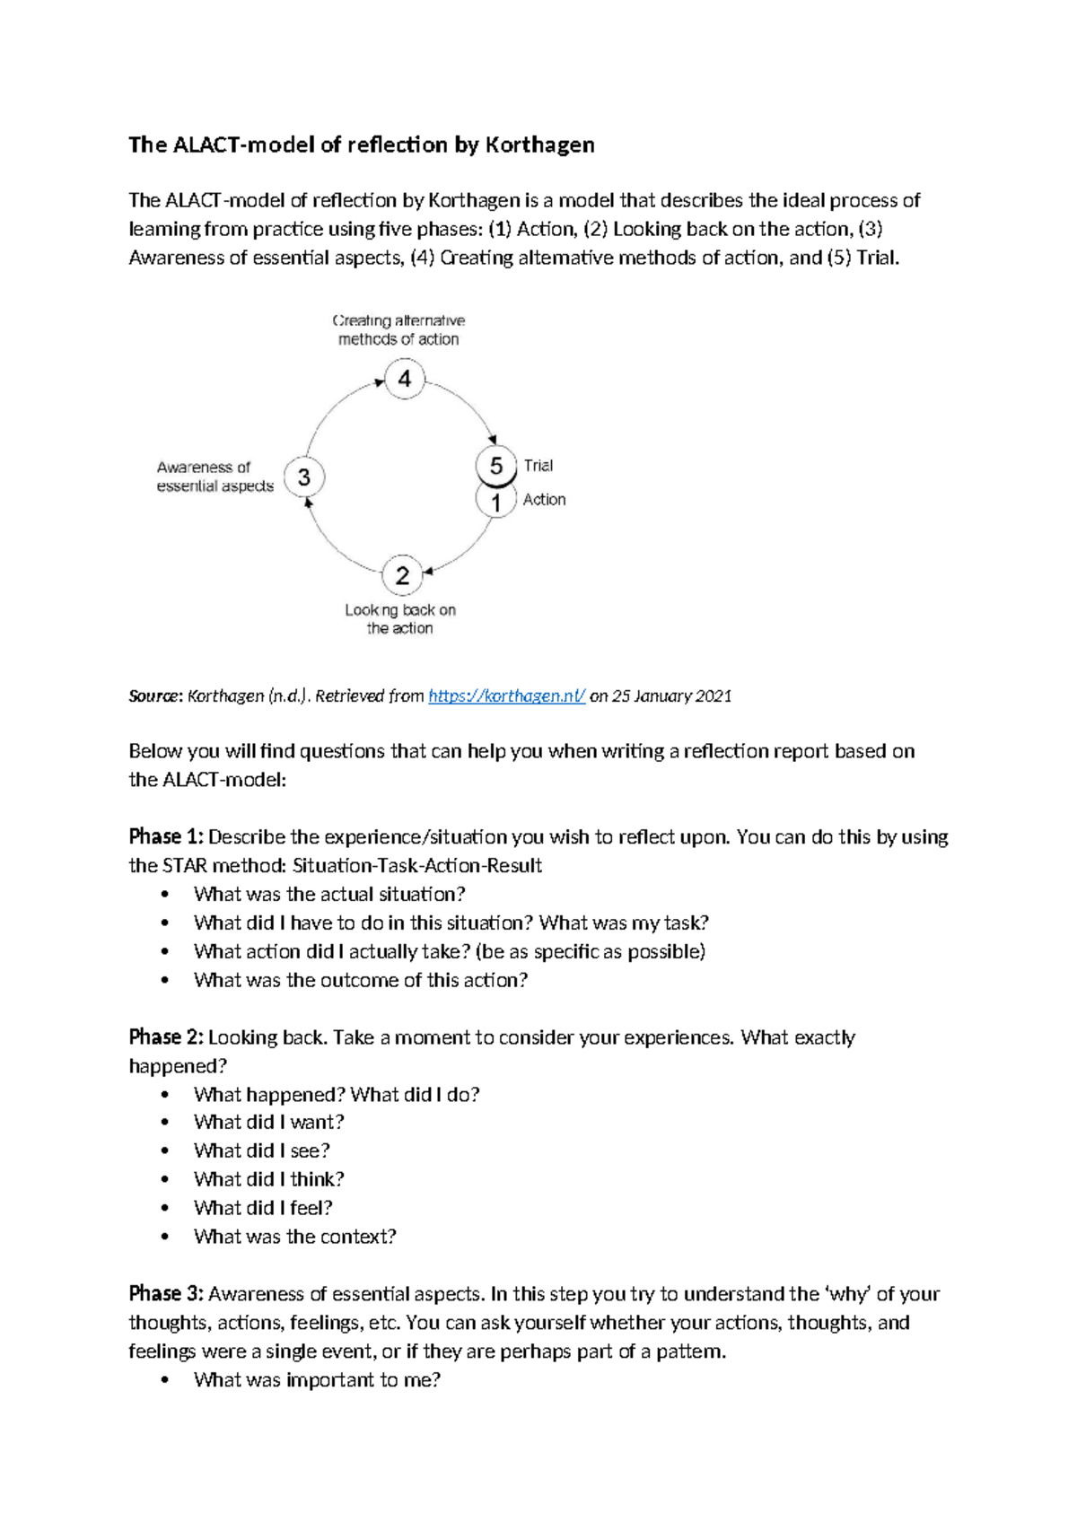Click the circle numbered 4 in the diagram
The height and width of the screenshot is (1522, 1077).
(405, 379)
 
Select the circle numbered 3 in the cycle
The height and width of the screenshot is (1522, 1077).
(304, 477)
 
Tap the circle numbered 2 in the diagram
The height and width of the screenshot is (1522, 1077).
(402, 575)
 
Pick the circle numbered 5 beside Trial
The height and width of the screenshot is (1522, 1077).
(495, 465)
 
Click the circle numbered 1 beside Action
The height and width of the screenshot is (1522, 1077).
(495, 502)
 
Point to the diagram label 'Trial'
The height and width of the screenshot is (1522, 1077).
(538, 465)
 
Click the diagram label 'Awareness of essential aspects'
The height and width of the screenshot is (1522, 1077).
(215, 477)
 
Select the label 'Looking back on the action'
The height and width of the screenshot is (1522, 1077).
(400, 619)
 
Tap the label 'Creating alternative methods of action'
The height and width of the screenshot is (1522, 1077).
(398, 329)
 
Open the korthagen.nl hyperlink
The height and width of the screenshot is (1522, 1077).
(507, 695)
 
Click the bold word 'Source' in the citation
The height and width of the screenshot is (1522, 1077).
(154, 695)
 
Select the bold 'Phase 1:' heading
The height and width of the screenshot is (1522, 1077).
(166, 836)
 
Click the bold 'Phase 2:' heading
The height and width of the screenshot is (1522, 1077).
(166, 1037)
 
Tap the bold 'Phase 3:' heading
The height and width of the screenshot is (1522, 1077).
(166, 1293)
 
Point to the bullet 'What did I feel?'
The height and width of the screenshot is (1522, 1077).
(263, 1208)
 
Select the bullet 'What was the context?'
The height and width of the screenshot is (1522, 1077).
(294, 1237)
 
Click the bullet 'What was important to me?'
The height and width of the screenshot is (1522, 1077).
(317, 1379)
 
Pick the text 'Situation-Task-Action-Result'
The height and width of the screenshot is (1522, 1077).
(417, 865)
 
